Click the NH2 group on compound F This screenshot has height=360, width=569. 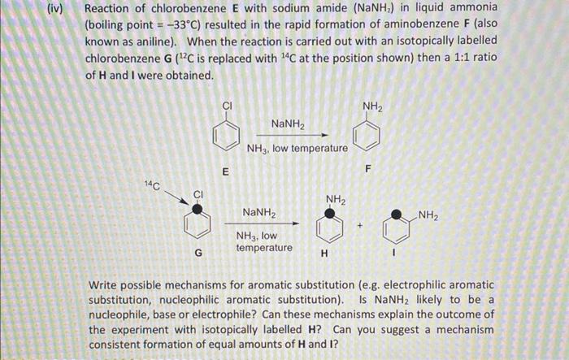[372, 106]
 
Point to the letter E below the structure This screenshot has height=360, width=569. [227, 171]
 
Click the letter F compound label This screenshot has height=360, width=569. [367, 170]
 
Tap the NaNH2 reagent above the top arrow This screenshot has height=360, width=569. [289, 124]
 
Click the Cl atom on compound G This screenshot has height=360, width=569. [198, 193]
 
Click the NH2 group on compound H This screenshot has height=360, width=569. [336, 199]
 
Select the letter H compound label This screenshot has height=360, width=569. [325, 252]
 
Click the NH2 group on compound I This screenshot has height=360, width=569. [429, 215]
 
